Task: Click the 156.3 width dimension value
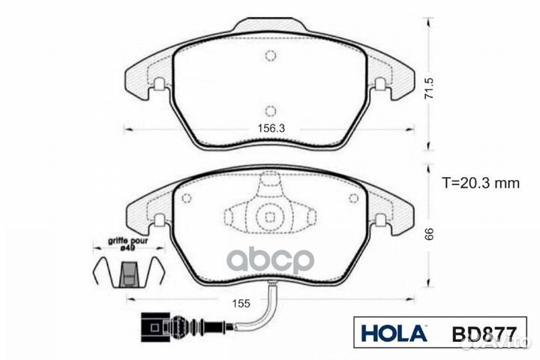coord(271,128)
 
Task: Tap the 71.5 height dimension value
coord(429,88)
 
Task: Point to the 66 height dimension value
coord(429,234)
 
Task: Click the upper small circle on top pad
coord(271,54)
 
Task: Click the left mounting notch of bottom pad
coord(158,221)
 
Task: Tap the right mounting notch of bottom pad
coord(380,221)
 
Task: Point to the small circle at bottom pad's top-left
coord(187,197)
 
